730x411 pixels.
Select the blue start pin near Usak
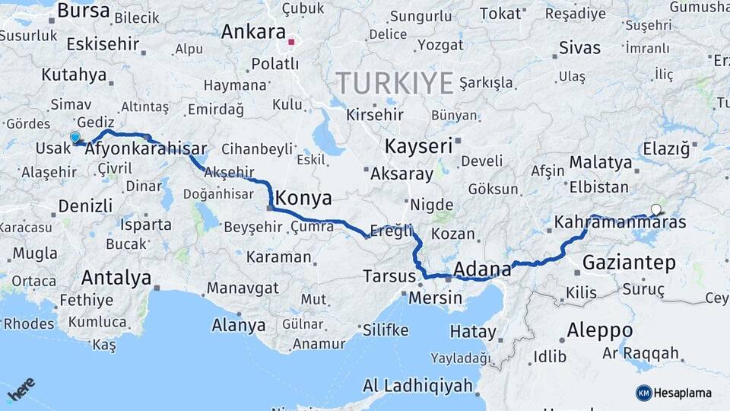coord(75,138)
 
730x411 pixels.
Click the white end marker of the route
coord(655,209)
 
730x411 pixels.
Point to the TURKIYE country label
coord(395,82)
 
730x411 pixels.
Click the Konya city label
coord(303,199)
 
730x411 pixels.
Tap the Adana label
coord(482,269)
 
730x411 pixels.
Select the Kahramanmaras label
coord(620,223)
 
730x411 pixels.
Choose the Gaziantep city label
coord(629,263)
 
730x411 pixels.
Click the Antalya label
coord(116,278)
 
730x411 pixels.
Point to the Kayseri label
coord(418,145)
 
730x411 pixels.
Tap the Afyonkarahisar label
coord(146,149)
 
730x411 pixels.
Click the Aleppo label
coord(599,330)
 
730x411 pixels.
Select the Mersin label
coord(436,298)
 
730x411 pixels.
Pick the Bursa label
coord(84,11)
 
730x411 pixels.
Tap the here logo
coord(21,390)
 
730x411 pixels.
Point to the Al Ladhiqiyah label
coord(417,385)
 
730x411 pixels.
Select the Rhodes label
coord(29,323)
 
